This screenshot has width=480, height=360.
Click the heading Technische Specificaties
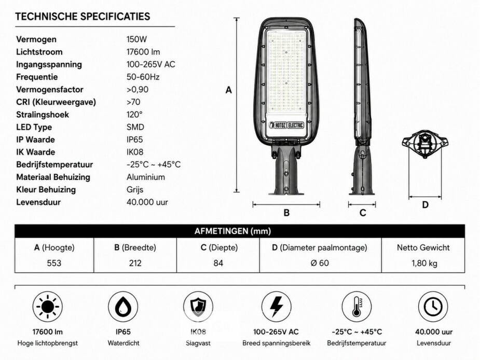83,17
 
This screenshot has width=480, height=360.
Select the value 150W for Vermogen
136,39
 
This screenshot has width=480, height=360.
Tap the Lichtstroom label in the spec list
39,52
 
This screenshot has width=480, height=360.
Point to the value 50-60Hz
143,77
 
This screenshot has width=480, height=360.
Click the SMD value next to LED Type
135,127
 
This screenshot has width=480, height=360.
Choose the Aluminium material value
146,177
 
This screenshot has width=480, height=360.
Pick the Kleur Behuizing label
46,189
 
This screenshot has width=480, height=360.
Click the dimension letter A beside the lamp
229,90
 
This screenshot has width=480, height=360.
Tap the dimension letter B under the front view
286,213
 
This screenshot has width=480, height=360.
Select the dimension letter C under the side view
363,213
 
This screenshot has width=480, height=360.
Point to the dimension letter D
425,205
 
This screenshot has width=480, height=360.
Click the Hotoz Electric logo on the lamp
286,125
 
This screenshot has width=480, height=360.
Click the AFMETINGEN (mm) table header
232,231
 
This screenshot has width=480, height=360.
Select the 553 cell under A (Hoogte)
54,264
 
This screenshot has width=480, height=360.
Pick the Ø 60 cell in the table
320,264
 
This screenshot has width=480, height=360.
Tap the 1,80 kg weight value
424,264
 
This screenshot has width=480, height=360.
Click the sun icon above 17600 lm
48,307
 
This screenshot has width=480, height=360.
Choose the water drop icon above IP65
123,307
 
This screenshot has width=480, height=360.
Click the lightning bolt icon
276,307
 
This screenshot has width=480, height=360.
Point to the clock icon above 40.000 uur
433,307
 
